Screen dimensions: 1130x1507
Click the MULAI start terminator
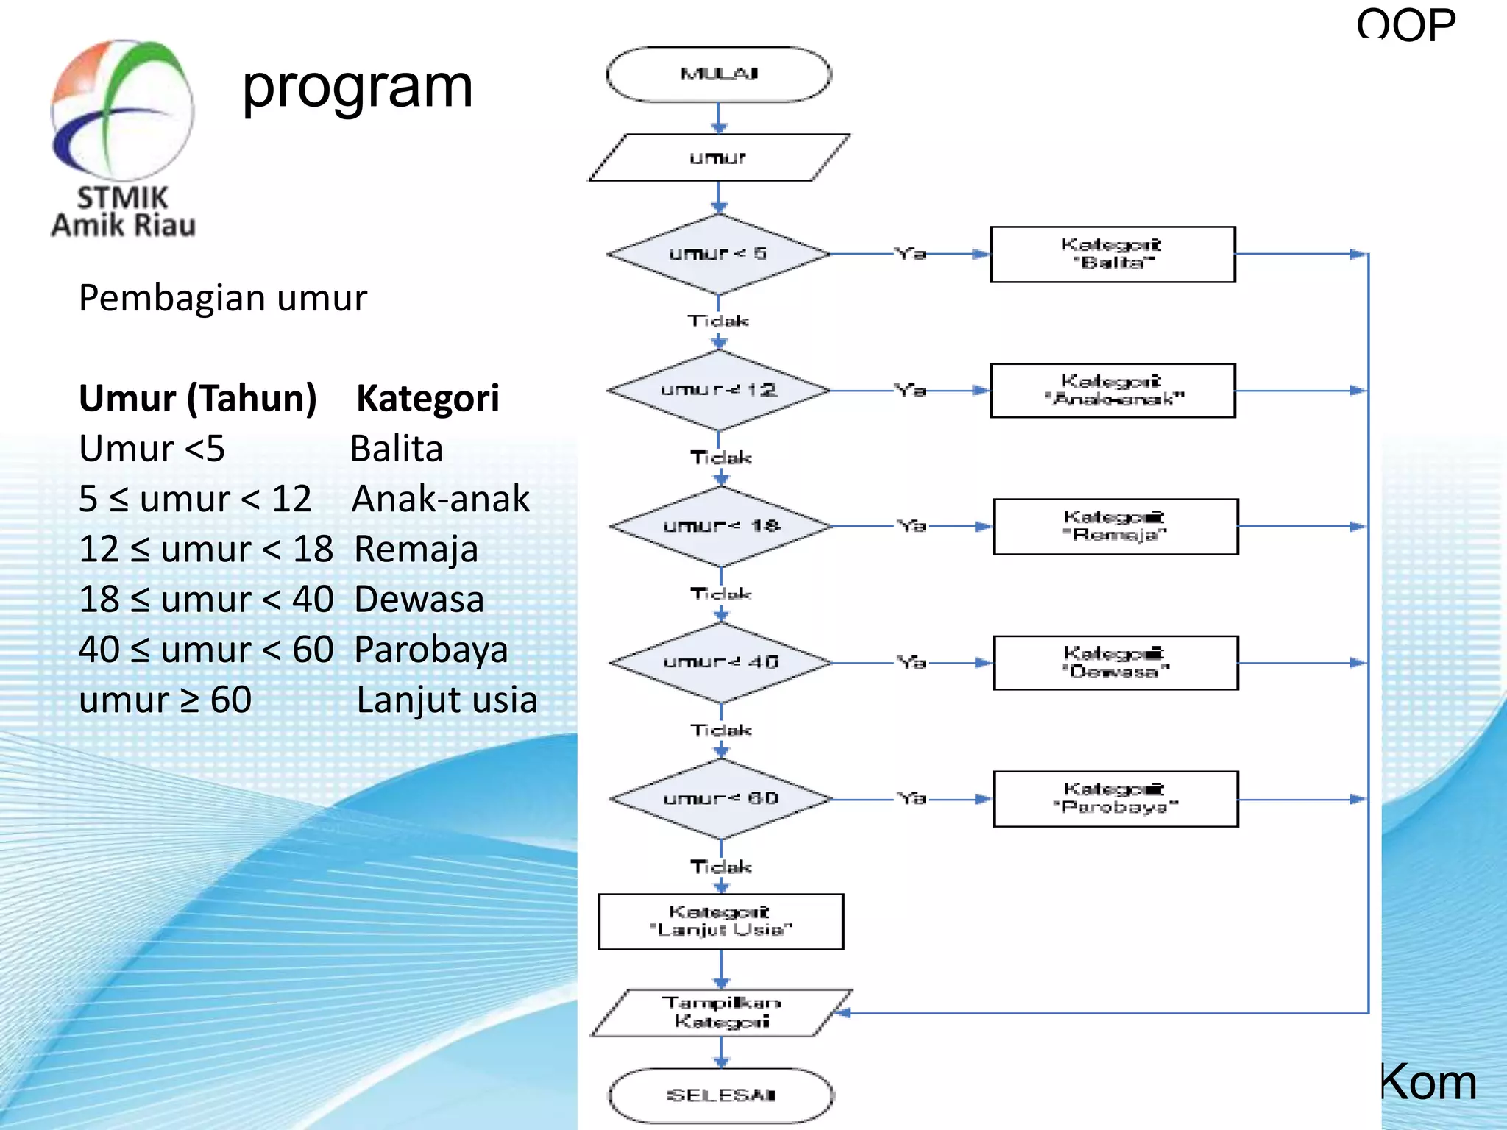[x=719, y=74]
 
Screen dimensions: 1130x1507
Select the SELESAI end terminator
[x=721, y=1095]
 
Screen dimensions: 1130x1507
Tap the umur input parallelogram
[x=719, y=157]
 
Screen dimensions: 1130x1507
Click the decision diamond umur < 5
[x=719, y=254]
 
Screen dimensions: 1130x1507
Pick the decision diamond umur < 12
[x=719, y=390]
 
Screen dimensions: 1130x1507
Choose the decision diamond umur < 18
[x=721, y=526]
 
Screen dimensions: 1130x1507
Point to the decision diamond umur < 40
[x=721, y=662]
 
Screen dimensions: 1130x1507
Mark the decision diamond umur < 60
[x=721, y=798]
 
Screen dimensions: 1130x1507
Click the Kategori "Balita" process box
[x=1112, y=254]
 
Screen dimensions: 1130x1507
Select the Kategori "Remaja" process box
[x=1115, y=526]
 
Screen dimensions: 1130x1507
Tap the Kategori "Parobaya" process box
[x=1115, y=798]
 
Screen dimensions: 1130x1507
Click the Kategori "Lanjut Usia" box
[x=720, y=921]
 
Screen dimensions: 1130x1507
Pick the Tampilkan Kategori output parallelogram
[x=721, y=1012]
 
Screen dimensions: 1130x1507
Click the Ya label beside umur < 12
[x=910, y=390]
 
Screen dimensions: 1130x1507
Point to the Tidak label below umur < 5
[x=718, y=321]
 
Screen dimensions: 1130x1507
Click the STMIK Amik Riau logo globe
[x=122, y=110]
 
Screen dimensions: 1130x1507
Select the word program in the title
[x=358, y=88]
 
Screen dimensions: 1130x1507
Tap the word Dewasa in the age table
[x=419, y=599]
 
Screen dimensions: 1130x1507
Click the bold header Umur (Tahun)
[x=197, y=398]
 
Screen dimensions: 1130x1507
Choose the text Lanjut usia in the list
[x=446, y=700]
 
